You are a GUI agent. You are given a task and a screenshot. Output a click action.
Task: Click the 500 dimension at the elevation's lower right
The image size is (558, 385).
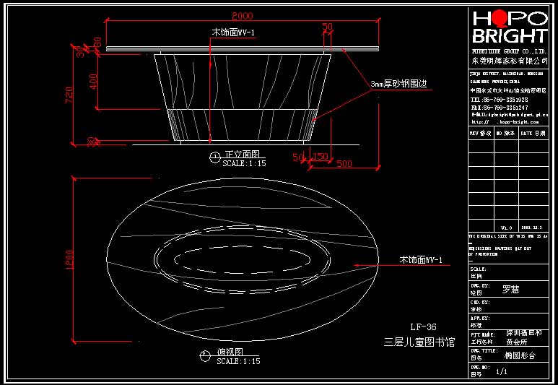344,164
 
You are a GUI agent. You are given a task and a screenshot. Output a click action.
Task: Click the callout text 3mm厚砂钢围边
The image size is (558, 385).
399,84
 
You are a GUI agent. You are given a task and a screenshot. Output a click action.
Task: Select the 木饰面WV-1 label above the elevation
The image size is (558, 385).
233,33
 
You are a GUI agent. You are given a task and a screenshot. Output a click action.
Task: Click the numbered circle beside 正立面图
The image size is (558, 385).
214,156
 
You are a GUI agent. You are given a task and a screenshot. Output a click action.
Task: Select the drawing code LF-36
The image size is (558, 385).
424,326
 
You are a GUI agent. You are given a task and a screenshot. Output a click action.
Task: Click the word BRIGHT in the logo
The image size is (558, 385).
509,37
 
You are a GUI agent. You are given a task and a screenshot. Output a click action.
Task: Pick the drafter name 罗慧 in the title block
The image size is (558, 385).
510,290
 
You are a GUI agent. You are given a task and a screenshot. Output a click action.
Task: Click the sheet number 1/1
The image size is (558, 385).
502,372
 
